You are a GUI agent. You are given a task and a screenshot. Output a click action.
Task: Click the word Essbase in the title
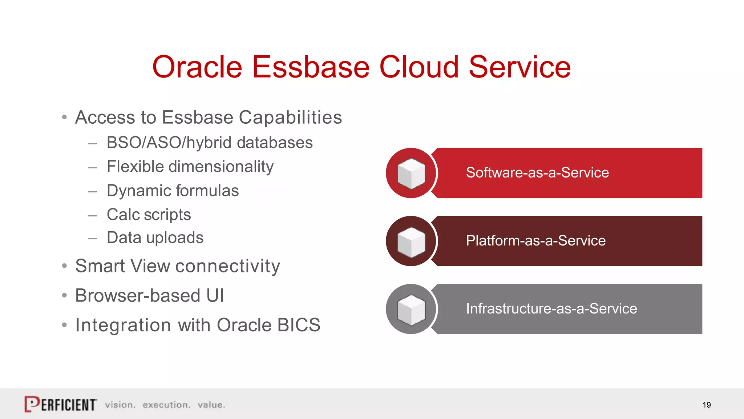[311, 67]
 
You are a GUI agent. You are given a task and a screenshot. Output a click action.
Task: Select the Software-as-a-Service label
[537, 173]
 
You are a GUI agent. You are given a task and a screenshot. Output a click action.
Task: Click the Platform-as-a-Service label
[535, 241]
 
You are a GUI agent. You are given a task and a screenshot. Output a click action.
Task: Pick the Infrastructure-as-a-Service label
[551, 309]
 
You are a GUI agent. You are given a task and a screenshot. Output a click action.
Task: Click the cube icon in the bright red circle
[411, 173]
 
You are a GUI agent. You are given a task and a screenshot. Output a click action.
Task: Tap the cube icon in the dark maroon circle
[411, 242]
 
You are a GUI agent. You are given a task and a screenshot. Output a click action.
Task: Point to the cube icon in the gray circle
[411, 310]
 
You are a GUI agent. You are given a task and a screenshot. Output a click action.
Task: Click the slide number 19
[706, 405]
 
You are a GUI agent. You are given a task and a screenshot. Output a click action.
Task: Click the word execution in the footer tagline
[166, 405]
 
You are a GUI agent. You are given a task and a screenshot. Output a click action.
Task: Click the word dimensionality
[221, 167]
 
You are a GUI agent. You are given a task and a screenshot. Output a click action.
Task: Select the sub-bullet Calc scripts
[149, 215]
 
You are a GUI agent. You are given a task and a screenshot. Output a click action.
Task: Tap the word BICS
[299, 325]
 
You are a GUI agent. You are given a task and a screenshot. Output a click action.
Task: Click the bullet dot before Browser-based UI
[64, 295]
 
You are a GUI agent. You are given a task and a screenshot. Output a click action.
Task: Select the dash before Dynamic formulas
[92, 191]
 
